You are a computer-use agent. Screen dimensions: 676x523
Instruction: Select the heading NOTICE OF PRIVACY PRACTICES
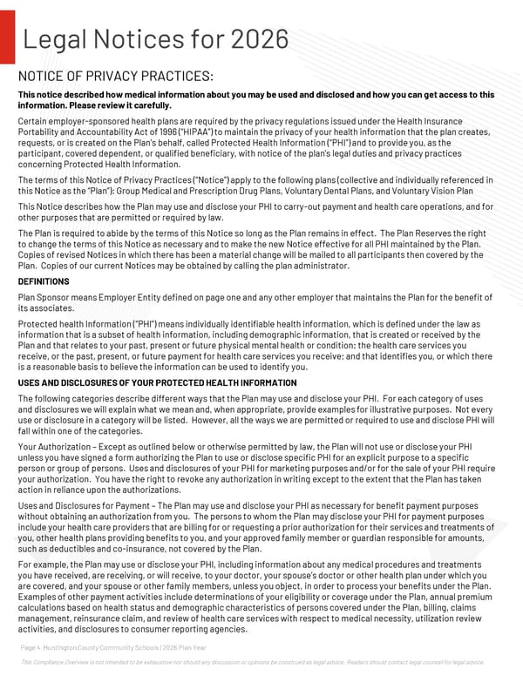coord(116,78)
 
